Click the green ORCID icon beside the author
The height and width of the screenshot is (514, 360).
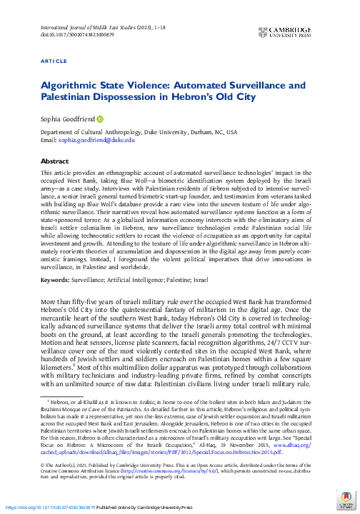click(x=100, y=119)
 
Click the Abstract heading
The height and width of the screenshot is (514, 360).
click(x=55, y=161)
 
